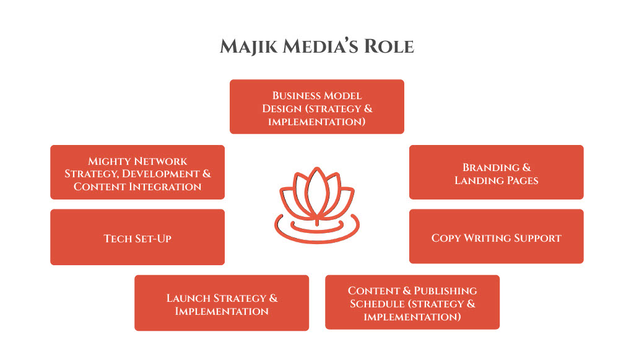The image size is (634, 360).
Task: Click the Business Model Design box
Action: click(316, 107)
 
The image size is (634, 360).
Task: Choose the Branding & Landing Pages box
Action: click(496, 172)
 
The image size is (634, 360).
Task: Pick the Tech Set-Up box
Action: click(137, 237)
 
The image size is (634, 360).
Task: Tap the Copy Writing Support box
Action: click(496, 237)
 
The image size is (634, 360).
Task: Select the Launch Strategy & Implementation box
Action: click(221, 303)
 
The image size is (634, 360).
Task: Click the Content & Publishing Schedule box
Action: click(412, 302)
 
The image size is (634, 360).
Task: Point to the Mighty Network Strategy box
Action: click(137, 172)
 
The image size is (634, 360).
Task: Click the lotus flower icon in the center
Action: click(316, 204)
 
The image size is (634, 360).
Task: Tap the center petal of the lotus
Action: click(316, 189)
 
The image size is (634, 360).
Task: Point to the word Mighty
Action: click(109, 161)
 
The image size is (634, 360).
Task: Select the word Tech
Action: click(117, 238)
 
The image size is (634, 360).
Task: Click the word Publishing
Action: click(445, 291)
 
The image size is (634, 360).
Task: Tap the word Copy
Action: click(445, 238)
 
